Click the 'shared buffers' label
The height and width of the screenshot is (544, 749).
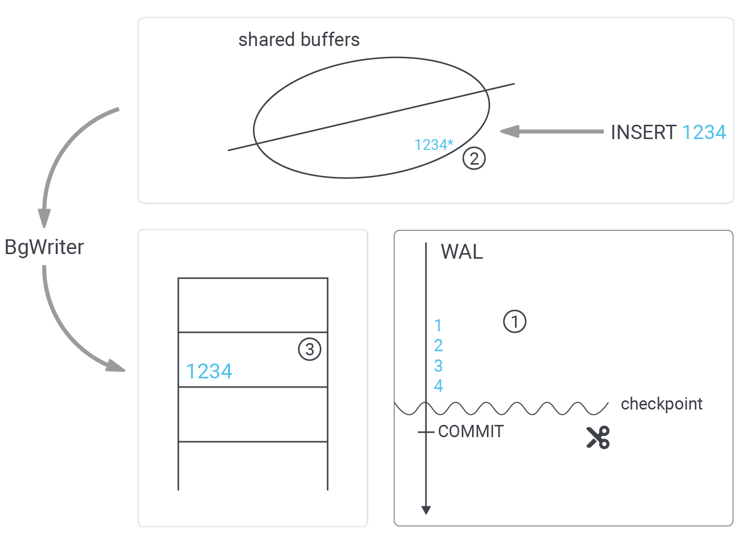click(299, 40)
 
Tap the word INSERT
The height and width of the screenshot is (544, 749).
click(643, 132)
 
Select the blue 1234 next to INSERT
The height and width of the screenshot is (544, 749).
click(704, 132)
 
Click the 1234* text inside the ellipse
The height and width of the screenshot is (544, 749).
click(434, 145)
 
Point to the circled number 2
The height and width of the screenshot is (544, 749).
click(474, 158)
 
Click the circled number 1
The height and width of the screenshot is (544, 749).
click(514, 322)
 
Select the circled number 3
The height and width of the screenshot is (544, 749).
click(310, 350)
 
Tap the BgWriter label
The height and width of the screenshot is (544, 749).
click(44, 247)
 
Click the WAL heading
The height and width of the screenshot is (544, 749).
click(462, 252)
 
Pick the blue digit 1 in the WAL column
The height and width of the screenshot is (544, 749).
click(438, 326)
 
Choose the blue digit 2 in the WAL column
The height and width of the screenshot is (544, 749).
click(438, 346)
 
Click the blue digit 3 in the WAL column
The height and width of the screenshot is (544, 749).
click(438, 366)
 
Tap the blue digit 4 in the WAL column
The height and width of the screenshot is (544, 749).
click(438, 386)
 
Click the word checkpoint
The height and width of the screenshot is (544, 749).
click(662, 404)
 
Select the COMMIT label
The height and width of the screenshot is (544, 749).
click(471, 432)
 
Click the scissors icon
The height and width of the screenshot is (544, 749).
click(598, 438)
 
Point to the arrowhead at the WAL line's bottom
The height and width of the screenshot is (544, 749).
click(426, 510)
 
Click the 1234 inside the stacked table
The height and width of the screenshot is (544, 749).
click(209, 371)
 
